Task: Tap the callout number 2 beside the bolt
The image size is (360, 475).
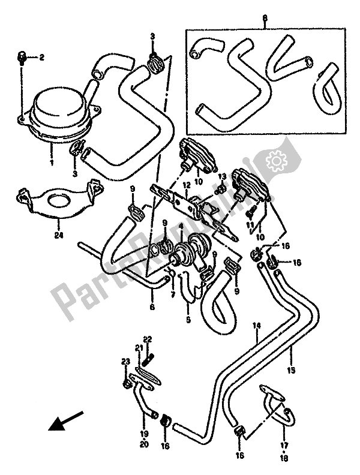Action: click(42, 58)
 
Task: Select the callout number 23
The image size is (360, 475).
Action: click(125, 362)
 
